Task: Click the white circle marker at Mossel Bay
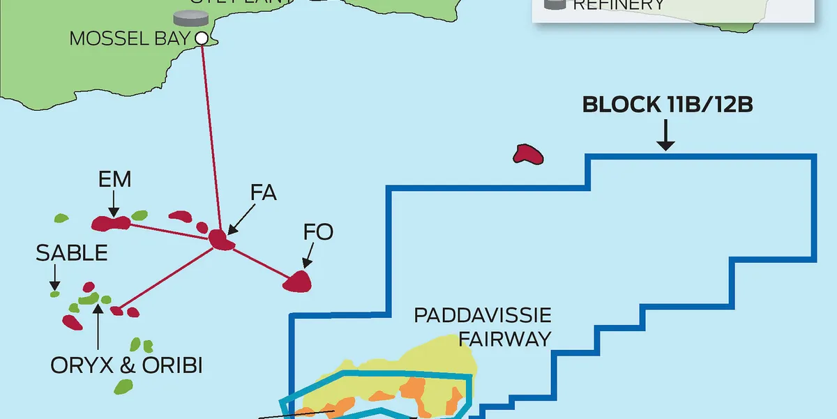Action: pyautogui.click(x=202, y=38)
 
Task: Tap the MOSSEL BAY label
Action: pyautogui.click(x=130, y=38)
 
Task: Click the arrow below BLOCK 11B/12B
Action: pyautogui.click(x=666, y=135)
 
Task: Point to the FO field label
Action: pyautogui.click(x=318, y=232)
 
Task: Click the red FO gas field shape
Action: pyautogui.click(x=298, y=281)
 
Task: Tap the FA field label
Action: pyautogui.click(x=264, y=192)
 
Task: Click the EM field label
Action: pyautogui.click(x=115, y=180)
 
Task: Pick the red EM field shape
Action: pyautogui.click(x=111, y=223)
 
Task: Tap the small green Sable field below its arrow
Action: pyautogui.click(x=55, y=294)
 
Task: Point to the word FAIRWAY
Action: pyautogui.click(x=505, y=339)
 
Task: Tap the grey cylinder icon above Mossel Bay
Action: pyautogui.click(x=186, y=17)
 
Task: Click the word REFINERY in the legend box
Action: pyautogui.click(x=619, y=6)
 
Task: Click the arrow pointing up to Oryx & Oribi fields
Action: pyautogui.click(x=98, y=327)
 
